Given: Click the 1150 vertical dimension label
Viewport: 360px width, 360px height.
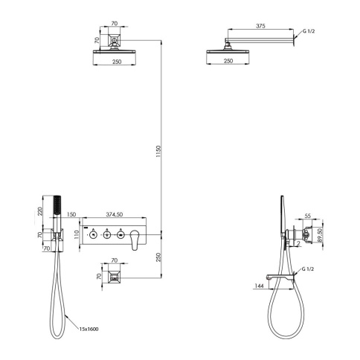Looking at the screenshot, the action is pyautogui.click(x=159, y=152).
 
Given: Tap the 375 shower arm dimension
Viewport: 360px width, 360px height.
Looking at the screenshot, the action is pyautogui.click(x=260, y=26).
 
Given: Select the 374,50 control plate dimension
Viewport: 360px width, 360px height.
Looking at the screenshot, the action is pyautogui.click(x=115, y=214).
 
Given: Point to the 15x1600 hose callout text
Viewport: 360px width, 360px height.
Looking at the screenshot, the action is pyautogui.click(x=89, y=330).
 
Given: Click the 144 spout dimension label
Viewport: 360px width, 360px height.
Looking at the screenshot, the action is pyautogui.click(x=259, y=286).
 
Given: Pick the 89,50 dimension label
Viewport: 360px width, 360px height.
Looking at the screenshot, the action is pyautogui.click(x=320, y=235).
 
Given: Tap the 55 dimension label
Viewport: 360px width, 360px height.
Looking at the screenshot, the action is pyautogui.click(x=307, y=216).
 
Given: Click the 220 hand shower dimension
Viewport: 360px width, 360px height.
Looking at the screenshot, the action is pyautogui.click(x=40, y=211).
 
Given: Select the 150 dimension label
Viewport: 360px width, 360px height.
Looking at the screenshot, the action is pyautogui.click(x=71, y=214).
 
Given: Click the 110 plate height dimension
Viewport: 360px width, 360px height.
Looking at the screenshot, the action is pyautogui.click(x=77, y=234).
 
